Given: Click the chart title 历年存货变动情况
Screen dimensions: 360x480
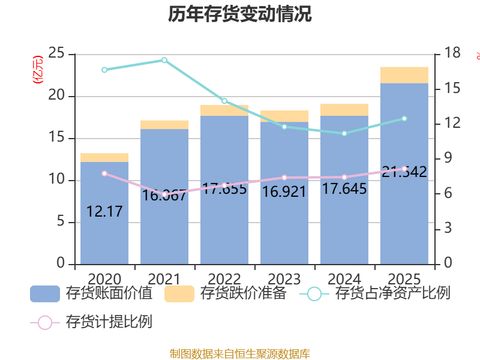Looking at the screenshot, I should point(240,14).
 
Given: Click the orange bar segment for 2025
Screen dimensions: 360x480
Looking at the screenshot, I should point(404,75).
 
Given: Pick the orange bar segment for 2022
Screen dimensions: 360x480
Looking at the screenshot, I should point(224,110).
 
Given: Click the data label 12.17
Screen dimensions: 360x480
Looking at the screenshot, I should point(104,211).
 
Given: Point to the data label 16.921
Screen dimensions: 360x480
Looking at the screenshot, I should point(284,192).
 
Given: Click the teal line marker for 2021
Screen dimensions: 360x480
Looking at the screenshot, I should point(164,60).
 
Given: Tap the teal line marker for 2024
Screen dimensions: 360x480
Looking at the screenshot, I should point(344,133).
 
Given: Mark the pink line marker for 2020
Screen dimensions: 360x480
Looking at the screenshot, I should point(104,173).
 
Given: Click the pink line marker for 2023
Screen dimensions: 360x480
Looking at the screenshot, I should point(284,178).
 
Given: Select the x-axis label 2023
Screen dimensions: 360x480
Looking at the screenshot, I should point(284,279).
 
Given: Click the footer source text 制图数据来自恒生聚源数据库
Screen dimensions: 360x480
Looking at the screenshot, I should point(240,354).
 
